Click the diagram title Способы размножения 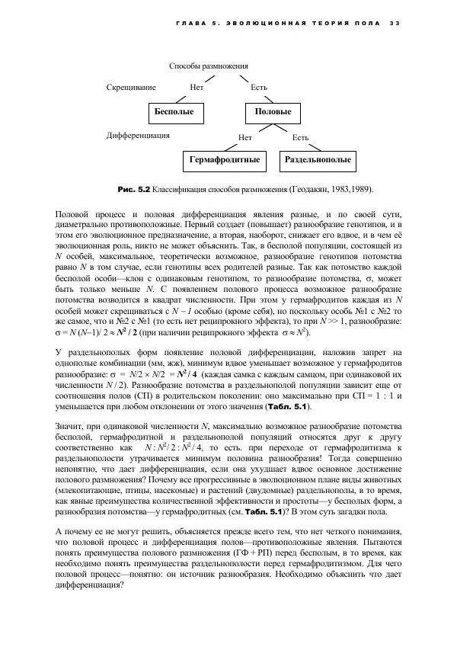[x=209, y=67]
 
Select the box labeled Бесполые [x=174, y=112]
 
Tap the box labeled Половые [x=273, y=112]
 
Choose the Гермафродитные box [x=225, y=161]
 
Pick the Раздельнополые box [x=318, y=161]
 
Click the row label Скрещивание [x=131, y=87]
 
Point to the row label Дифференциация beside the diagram [x=138, y=135]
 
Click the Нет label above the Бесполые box [x=197, y=87]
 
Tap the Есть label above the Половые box [x=259, y=87]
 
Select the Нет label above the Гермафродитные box [x=245, y=138]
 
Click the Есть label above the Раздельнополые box [x=300, y=138]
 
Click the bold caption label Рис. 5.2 [x=134, y=187]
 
